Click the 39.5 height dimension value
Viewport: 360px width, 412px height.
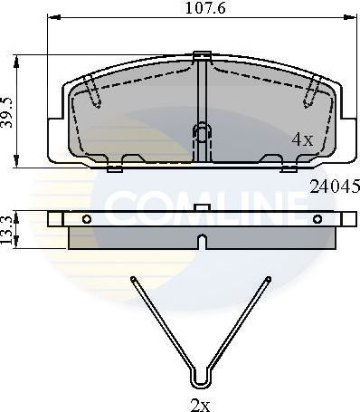tap(9, 111)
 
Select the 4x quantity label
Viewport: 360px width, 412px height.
tap(301, 139)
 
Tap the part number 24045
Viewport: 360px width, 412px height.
tap(335, 187)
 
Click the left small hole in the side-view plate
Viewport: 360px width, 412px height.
tap(86, 218)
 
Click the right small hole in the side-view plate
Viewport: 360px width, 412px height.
tap(317, 218)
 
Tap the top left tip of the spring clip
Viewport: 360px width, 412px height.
tap(133, 278)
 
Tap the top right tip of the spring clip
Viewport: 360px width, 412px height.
tap(268, 278)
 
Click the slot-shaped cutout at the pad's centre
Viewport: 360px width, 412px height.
tap(201, 136)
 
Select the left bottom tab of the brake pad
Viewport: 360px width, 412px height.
tap(114, 167)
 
